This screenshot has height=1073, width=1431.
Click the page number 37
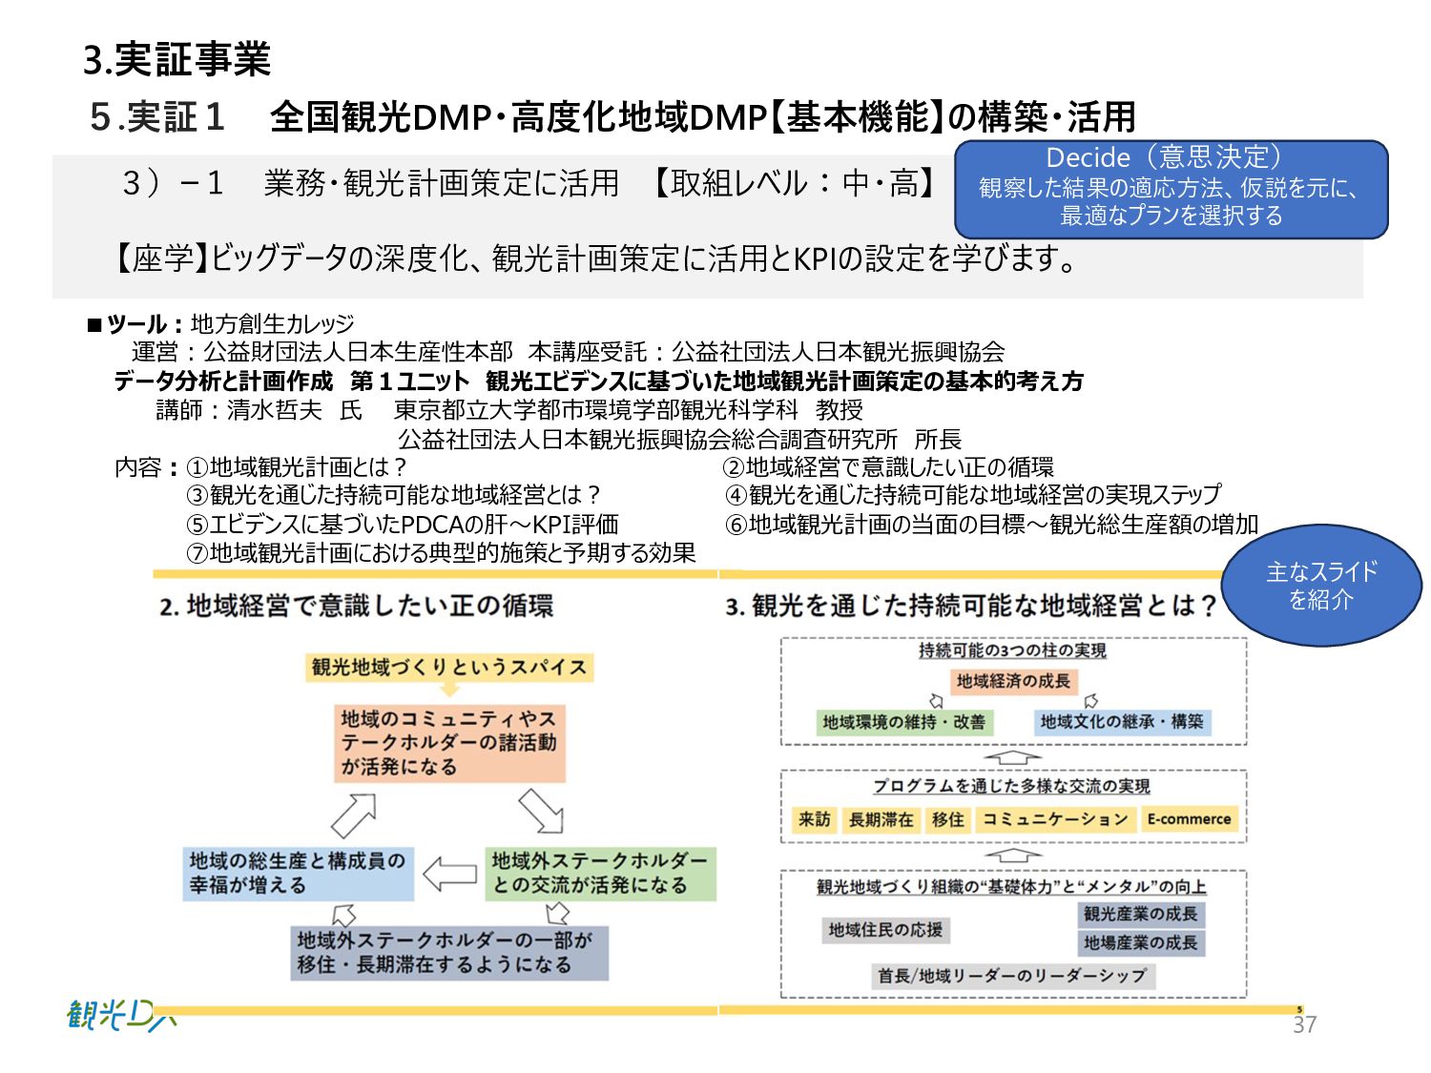[x=1304, y=1024]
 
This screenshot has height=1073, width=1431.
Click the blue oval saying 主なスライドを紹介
[x=1321, y=586]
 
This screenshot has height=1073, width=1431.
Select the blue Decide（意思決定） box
[x=1171, y=188]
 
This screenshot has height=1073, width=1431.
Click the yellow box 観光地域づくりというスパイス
[x=449, y=668]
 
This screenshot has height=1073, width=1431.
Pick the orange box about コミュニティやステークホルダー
[x=449, y=743]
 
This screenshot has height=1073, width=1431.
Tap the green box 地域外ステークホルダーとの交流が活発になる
[x=600, y=874]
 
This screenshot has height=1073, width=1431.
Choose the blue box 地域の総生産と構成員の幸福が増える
[x=299, y=874]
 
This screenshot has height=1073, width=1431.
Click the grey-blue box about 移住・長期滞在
[x=450, y=953]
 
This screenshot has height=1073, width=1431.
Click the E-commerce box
[x=1189, y=819]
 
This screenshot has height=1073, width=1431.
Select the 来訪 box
[x=815, y=819]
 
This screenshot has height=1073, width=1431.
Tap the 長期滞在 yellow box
[x=881, y=819]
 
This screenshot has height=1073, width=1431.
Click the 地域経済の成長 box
[x=1013, y=681]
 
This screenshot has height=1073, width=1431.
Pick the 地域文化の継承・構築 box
[x=1122, y=722]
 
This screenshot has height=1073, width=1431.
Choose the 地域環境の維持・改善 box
[x=904, y=722]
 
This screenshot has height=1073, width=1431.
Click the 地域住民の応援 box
[x=885, y=930]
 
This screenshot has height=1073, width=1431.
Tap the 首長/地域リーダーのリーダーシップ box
[x=1012, y=976]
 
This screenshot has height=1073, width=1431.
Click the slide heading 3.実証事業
[x=177, y=59]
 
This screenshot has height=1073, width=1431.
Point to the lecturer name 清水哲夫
[x=275, y=410]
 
